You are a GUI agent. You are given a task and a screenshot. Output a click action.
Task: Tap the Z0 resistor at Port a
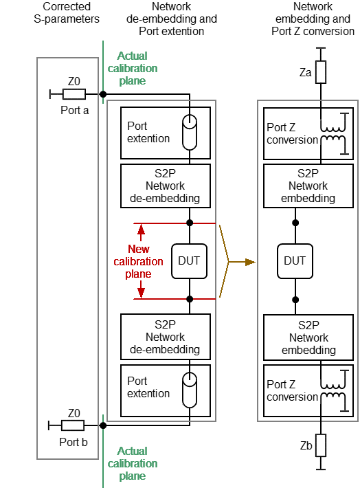pos(74,94)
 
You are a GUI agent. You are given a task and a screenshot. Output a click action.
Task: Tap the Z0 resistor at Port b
pos(74,425)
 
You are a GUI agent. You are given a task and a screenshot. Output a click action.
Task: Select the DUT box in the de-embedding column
pos(190,260)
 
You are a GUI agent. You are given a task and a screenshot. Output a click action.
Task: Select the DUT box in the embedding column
pos(295,260)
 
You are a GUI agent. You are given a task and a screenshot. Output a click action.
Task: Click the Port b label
pos(74,442)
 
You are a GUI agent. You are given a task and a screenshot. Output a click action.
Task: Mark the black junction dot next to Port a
pos(103,94)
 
